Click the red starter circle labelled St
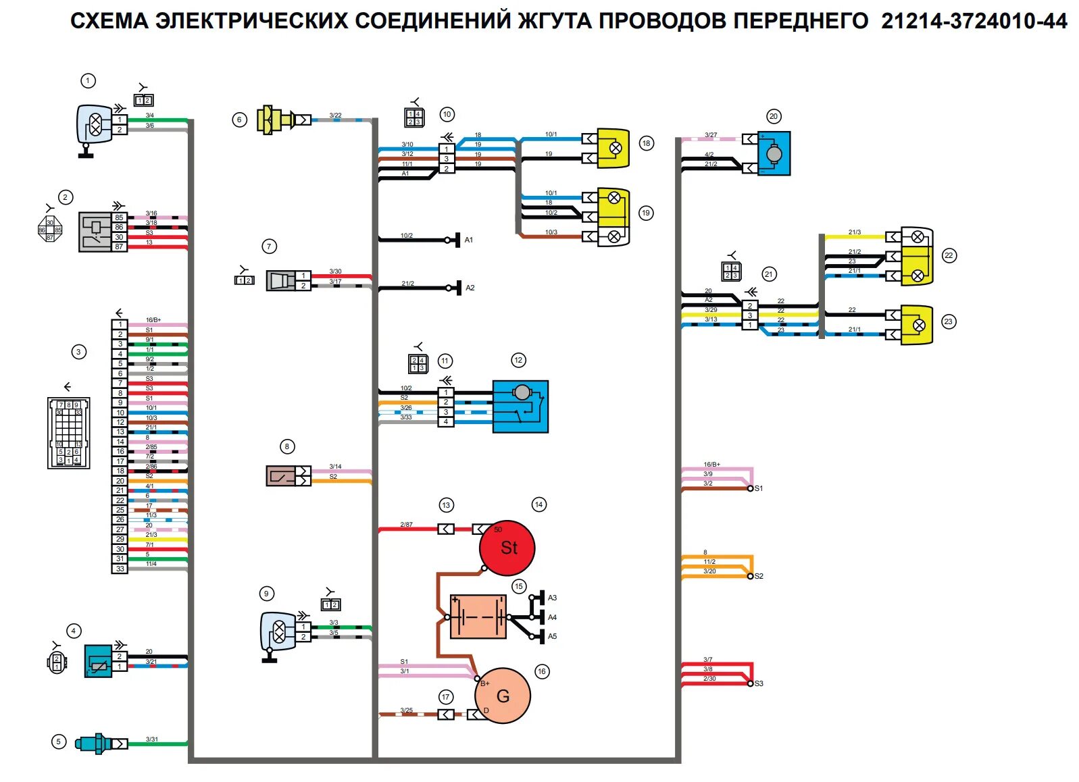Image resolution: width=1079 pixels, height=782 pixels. pos(507,548)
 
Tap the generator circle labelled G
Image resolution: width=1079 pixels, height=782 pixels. pos(503,696)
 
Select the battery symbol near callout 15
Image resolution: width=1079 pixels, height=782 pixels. pos(478,617)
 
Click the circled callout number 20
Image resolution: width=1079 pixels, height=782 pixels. pos(774,116)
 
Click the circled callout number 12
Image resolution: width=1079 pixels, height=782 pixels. pos(518,360)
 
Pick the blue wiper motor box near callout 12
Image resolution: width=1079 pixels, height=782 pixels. pos(520,407)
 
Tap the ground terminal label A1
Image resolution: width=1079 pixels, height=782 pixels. pos(469,240)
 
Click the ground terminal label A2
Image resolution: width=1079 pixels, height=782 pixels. pos(470,288)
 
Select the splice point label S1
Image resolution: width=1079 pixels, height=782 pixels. pos(759,488)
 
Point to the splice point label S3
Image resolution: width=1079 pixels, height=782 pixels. pos(759,683)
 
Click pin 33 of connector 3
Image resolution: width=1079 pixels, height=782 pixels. pos(120,569)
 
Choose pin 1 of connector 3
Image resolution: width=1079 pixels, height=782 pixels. pos(120,324)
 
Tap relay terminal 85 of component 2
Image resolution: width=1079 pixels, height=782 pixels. pos(119,217)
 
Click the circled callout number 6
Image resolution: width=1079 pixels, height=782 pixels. pos(239,120)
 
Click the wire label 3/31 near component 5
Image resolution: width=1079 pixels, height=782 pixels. pos(152,739)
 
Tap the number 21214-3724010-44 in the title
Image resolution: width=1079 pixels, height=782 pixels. pos(974,22)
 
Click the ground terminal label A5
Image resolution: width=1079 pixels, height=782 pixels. pos(552,636)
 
